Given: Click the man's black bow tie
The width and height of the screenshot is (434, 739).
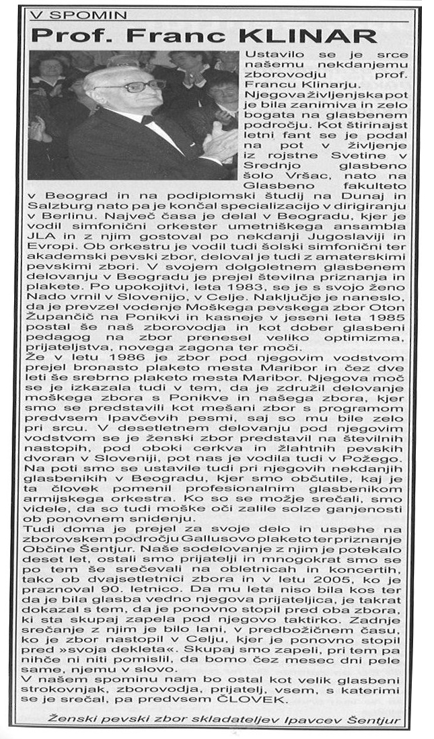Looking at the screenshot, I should pyautogui.click(x=148, y=120).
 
